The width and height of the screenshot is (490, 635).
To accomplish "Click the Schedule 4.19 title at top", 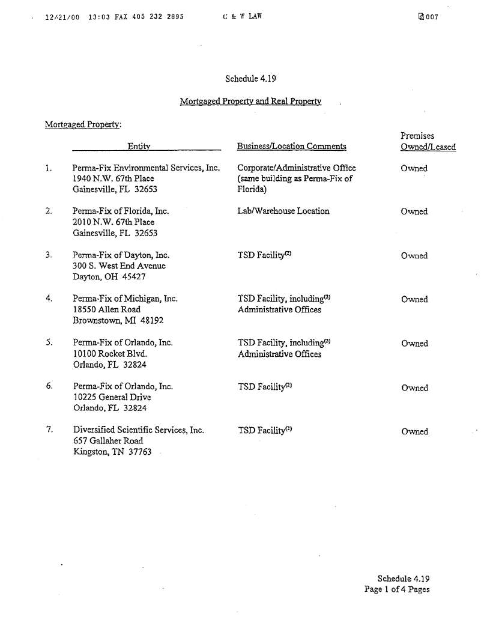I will (250, 79).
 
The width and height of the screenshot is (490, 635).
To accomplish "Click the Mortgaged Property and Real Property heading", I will (250, 102).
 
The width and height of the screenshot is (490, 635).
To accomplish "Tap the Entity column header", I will (138, 147).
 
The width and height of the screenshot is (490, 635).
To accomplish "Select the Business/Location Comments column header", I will (291, 147).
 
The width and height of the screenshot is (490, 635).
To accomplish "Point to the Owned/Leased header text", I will (428, 147).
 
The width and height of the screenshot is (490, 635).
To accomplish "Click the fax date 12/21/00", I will (62, 17).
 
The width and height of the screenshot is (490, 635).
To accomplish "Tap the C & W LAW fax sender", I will (242, 17).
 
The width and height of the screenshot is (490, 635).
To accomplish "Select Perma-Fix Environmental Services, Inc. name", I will (146, 168).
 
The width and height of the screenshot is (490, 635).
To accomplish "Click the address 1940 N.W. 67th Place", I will (113, 178).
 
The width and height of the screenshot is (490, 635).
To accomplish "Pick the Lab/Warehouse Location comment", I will (283, 211).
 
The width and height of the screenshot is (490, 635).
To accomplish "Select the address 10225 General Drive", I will (112, 397).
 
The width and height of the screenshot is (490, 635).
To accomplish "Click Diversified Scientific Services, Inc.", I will (138, 430).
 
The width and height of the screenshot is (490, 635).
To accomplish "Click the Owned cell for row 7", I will (414, 431).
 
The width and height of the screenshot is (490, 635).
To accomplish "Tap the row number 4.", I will (49, 298).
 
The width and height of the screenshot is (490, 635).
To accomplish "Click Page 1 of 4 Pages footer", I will (397, 589).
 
